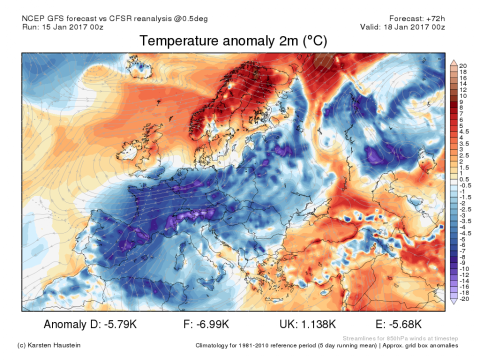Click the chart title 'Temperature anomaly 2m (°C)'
(233, 41)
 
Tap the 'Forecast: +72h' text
(416, 18)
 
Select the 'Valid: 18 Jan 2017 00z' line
(402, 27)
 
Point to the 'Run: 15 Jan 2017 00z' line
(63, 27)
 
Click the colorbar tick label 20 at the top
(462, 66)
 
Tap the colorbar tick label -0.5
(464, 185)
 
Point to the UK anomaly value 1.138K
(318, 325)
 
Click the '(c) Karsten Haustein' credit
(49, 345)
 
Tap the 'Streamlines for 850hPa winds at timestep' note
(401, 338)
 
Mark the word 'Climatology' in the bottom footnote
(214, 345)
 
